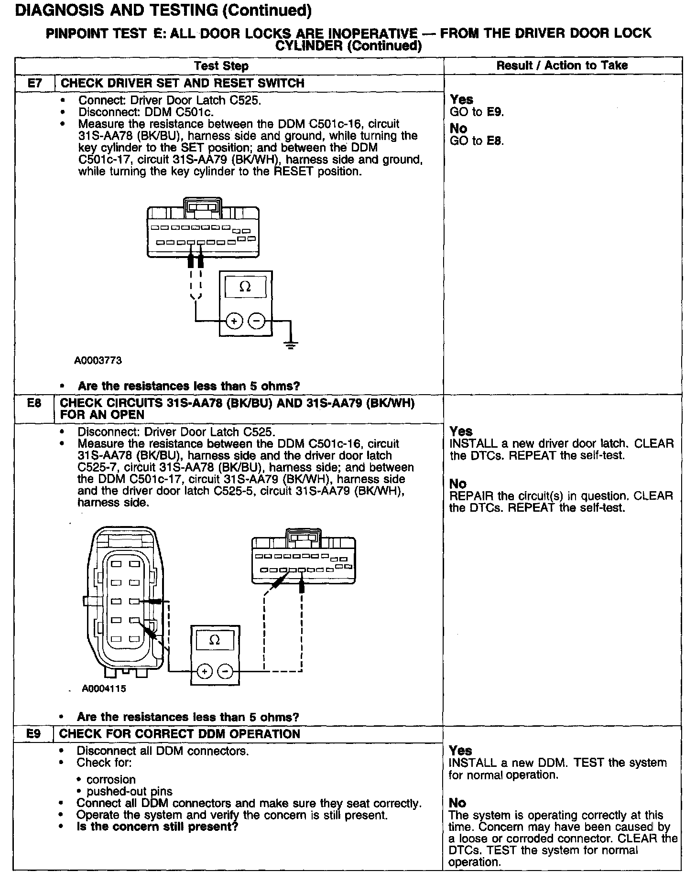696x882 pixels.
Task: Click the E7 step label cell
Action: [34, 83]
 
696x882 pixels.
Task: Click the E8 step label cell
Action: [34, 403]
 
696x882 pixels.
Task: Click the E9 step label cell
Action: [33, 734]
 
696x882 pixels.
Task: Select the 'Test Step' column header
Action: [221, 65]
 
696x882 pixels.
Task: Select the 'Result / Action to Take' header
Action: [562, 65]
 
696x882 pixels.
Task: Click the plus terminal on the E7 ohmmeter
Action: [234, 321]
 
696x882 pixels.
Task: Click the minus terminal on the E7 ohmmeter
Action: [257, 321]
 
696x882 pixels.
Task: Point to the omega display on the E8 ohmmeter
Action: [215, 640]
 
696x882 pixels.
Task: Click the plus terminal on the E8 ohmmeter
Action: [204, 671]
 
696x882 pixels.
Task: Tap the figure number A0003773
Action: [98, 361]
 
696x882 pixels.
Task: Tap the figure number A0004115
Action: [104, 689]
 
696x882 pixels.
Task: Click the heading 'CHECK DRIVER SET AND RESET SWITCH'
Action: [183, 83]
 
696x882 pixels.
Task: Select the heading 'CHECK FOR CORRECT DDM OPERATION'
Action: [180, 734]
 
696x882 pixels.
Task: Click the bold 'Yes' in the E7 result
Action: [461, 99]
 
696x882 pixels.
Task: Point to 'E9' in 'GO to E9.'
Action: [494, 112]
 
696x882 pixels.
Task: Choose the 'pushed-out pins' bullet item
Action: [130, 791]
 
